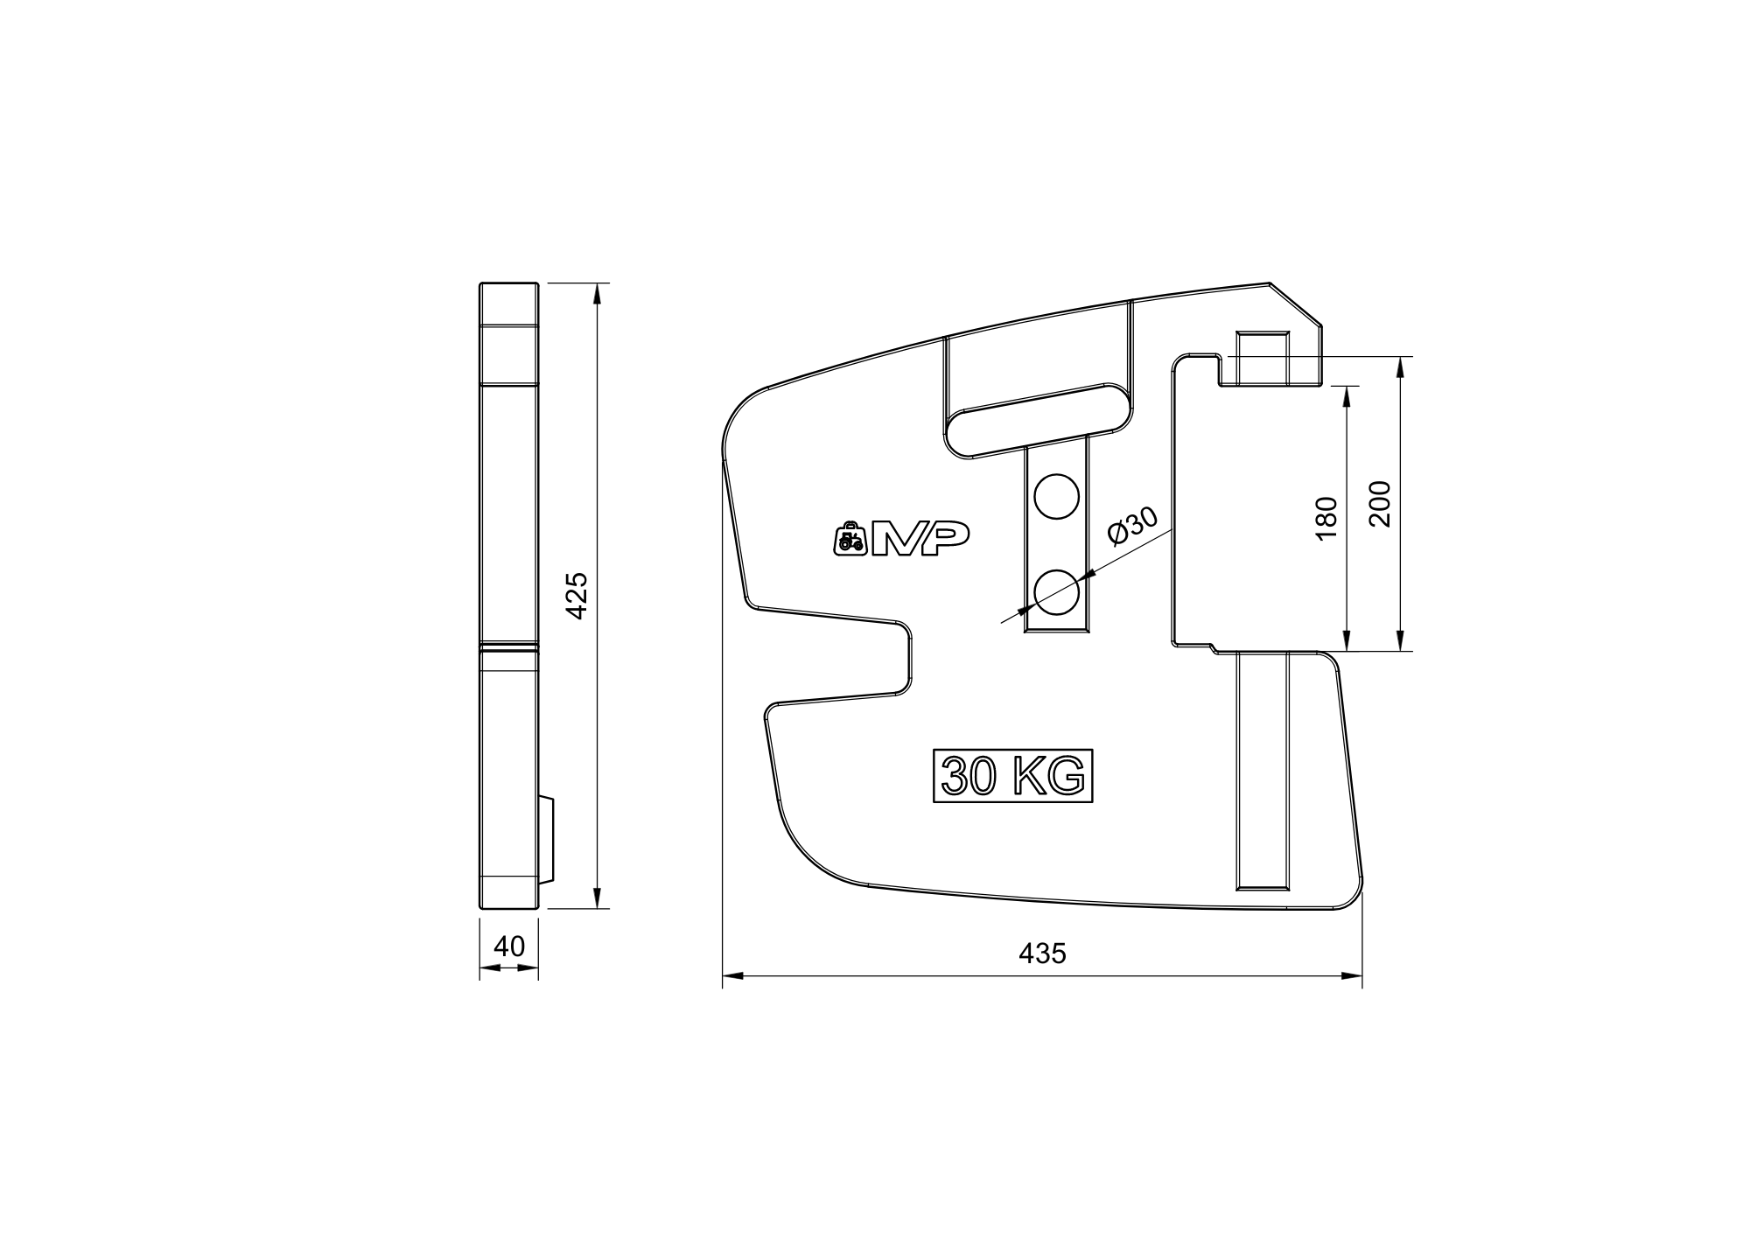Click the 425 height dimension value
click(577, 596)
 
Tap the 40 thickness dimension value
click(509, 947)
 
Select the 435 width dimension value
click(1043, 953)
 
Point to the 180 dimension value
click(1326, 518)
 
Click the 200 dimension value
click(1379, 503)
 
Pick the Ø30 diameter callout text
click(1132, 526)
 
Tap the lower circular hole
click(1056, 592)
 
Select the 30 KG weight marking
click(1013, 775)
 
